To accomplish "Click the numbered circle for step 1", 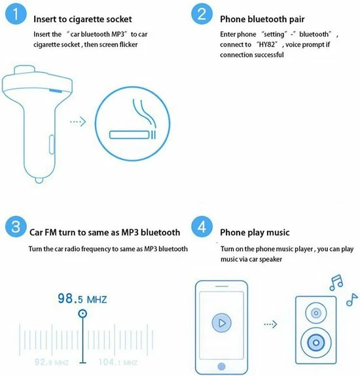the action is click(16, 14).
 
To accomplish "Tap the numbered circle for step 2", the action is click(202, 14).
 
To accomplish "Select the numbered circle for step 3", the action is click(16, 226).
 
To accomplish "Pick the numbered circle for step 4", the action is click(202, 226).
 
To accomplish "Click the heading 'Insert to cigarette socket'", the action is click(82, 20).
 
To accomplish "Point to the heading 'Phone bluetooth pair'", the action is click(262, 19).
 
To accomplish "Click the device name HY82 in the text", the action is click(267, 44).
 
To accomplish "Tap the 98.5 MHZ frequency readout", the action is click(82, 299).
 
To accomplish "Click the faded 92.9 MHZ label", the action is click(52, 362).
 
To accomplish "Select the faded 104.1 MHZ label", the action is click(118, 362).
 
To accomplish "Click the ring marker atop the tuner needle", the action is click(82, 313).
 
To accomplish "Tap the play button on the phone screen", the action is click(221, 323).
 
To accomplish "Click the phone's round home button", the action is click(221, 366).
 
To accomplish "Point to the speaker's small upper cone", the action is click(316, 313).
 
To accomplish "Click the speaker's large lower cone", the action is click(316, 343).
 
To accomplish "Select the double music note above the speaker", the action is click(336, 282).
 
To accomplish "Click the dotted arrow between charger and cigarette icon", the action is click(78, 122).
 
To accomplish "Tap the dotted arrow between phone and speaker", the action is click(270, 324).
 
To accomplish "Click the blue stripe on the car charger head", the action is click(56, 91).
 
